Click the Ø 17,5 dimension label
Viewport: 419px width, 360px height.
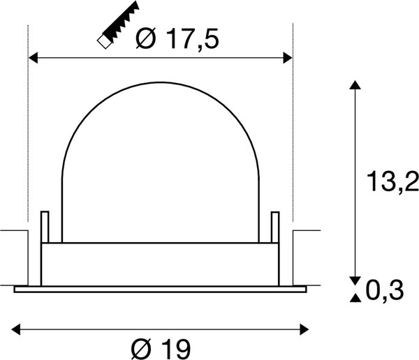(178, 40)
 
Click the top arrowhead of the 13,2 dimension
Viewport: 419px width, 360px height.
(355, 86)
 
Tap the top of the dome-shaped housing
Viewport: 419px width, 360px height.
(160, 87)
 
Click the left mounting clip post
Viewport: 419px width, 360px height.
(45, 227)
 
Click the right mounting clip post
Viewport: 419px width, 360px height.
(274, 227)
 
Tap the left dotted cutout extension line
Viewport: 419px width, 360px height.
(28, 140)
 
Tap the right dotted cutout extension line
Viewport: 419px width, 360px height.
(292, 140)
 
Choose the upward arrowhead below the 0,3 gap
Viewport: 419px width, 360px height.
(355, 299)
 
